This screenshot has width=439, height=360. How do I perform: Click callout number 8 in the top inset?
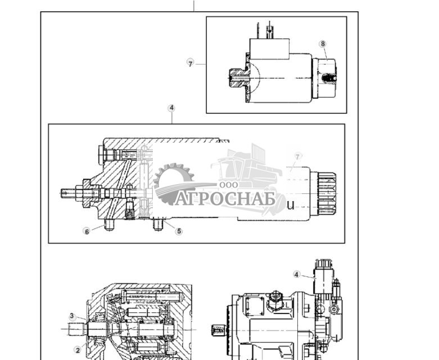(322, 44)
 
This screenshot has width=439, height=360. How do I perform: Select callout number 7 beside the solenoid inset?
(191, 63)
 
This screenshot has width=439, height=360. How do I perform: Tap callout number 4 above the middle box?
(171, 108)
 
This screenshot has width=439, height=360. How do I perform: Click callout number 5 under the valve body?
(179, 231)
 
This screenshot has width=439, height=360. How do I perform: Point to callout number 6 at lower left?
(87, 231)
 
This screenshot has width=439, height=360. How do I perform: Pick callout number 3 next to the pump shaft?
(72, 316)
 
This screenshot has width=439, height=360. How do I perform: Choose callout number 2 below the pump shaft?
(78, 349)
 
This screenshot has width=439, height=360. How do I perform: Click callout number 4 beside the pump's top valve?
(297, 274)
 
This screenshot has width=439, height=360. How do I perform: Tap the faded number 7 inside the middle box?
(298, 156)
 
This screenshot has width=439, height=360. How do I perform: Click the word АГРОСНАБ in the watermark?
(225, 199)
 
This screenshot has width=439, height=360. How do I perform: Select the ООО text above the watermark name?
(229, 184)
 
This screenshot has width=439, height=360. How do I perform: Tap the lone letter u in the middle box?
(290, 205)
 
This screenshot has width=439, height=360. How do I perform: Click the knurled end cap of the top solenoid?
(328, 79)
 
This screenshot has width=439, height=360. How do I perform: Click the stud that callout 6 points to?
(108, 225)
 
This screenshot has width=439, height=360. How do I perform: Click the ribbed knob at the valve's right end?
(327, 193)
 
